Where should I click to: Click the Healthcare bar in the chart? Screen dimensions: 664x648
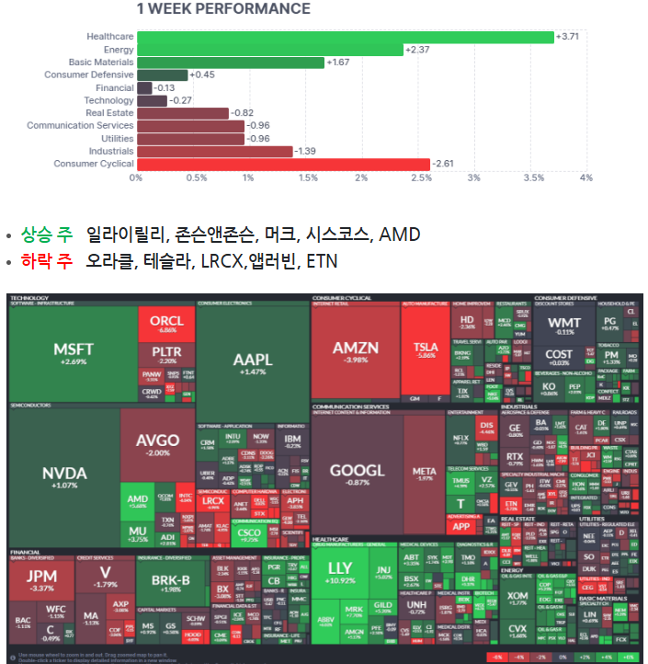(x=345, y=37)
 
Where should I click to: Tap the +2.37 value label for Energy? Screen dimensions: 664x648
(x=417, y=50)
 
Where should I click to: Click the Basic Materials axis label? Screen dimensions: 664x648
(x=101, y=63)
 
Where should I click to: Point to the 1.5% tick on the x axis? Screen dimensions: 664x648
(x=305, y=177)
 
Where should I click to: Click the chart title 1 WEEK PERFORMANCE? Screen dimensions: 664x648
(x=223, y=9)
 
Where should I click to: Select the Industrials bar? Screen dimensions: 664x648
(x=214, y=151)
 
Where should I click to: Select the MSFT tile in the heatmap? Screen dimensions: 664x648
(x=73, y=354)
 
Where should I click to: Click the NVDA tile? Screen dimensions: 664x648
(x=64, y=476)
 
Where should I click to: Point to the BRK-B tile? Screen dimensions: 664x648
(x=171, y=583)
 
